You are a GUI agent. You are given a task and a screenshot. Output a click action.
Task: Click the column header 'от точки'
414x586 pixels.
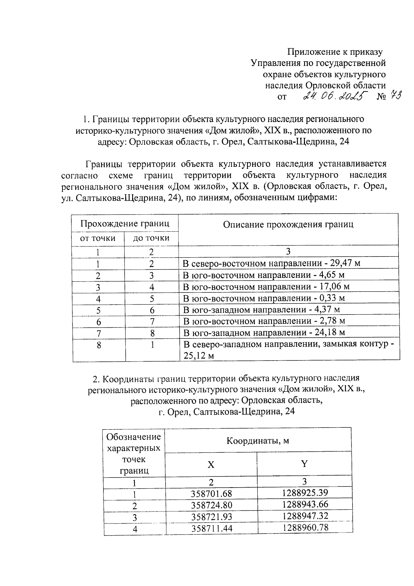(98, 238)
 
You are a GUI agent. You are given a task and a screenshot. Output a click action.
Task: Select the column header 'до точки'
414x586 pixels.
(151, 238)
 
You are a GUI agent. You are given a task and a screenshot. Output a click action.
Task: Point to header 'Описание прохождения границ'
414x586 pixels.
(288, 224)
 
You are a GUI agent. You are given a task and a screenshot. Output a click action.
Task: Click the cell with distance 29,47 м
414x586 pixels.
(272, 263)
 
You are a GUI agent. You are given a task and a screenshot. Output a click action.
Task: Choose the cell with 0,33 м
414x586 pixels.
(264, 298)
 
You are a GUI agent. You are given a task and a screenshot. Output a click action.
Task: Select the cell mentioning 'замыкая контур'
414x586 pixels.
(289, 350)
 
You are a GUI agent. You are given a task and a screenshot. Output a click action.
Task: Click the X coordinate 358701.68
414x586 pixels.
(211, 494)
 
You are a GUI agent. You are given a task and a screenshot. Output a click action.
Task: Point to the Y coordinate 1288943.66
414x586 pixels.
(305, 505)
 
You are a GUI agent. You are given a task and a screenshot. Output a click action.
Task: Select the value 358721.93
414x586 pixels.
(211, 517)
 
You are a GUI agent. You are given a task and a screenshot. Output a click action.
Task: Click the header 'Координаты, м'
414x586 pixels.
(258, 441)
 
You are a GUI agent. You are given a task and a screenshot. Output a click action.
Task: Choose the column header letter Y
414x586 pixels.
(304, 464)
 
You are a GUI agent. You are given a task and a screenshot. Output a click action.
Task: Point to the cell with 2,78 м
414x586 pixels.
(264, 321)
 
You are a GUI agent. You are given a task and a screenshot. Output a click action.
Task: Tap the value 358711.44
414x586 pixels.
(211, 528)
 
